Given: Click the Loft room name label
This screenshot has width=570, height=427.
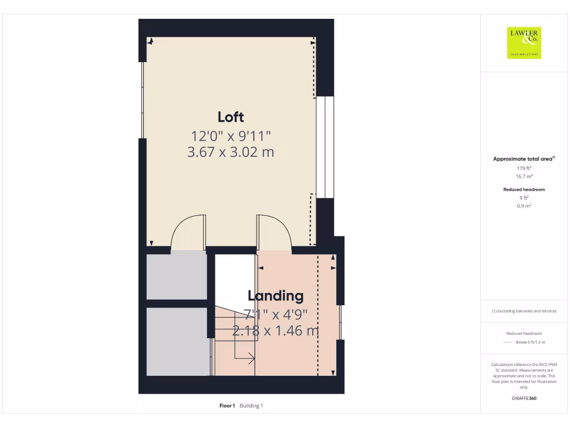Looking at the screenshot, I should pos(230,117).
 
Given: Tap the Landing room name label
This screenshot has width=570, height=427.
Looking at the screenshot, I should pos(276,296).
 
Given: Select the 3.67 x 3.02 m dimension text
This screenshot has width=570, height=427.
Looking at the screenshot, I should pos(230,152).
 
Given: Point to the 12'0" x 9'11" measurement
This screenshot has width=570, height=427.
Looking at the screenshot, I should pos(230,136).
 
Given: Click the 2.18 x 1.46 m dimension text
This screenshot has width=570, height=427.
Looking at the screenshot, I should pos(276,331).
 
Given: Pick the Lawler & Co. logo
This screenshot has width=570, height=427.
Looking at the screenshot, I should pos(524,43).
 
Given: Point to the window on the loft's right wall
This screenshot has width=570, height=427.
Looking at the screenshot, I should pos(325,147).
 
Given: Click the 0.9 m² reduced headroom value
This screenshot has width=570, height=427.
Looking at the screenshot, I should pos(524,206).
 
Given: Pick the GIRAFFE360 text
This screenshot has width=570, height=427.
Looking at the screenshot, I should pos(524,398).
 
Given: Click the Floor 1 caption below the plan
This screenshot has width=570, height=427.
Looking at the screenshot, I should pos(227,406).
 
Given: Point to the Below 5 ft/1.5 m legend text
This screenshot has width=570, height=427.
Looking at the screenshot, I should pos(530,342).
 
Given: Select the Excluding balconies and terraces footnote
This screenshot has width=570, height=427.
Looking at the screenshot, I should pos(524,311).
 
